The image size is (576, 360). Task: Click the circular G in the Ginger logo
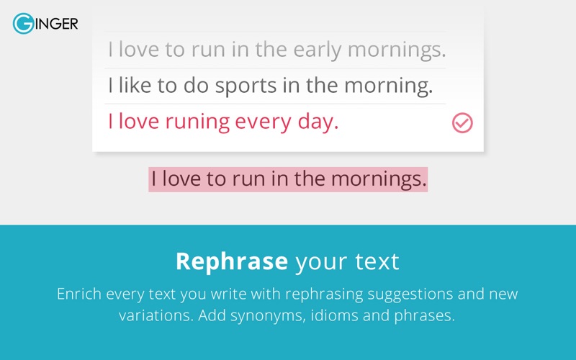click(24, 24)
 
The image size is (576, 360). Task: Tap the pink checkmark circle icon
click(462, 122)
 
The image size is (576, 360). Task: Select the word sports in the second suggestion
click(246, 86)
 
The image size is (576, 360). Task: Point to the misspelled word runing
click(197, 122)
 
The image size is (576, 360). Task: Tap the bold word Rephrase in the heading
click(232, 261)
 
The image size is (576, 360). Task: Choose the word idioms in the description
click(334, 315)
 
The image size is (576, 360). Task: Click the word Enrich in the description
click(79, 294)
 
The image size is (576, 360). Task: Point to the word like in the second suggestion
click(135, 85)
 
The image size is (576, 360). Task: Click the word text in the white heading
click(377, 262)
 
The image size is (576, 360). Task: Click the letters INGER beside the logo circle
click(57, 24)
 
